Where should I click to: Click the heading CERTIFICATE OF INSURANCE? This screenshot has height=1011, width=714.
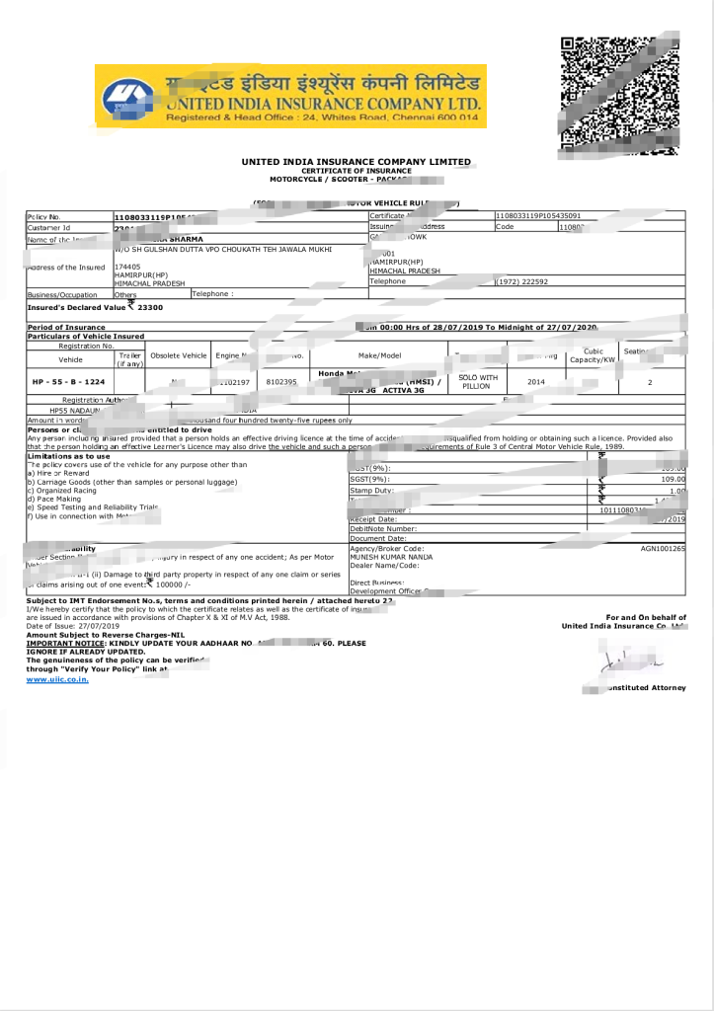pyautogui.click(x=356, y=171)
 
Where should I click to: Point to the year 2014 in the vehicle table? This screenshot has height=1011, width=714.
pyautogui.click(x=535, y=380)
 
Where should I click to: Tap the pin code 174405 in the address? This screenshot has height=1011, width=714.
pyautogui.click(x=127, y=266)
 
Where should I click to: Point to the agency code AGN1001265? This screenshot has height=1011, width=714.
pyautogui.click(x=663, y=548)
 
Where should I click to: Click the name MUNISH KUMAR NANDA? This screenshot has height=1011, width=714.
pyautogui.click(x=391, y=557)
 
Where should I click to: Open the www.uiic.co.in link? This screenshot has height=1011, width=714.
pyautogui.click(x=57, y=679)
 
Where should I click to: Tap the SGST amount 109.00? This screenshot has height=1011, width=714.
pyautogui.click(x=674, y=479)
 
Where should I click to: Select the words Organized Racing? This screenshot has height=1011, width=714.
pyautogui.click(x=64, y=490)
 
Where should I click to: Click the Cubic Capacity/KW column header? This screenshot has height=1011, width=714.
pyautogui.click(x=593, y=355)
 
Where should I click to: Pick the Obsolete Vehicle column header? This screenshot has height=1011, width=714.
pyautogui.click(x=179, y=355)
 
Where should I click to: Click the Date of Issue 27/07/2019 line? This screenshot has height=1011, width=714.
pyautogui.click(x=72, y=626)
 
